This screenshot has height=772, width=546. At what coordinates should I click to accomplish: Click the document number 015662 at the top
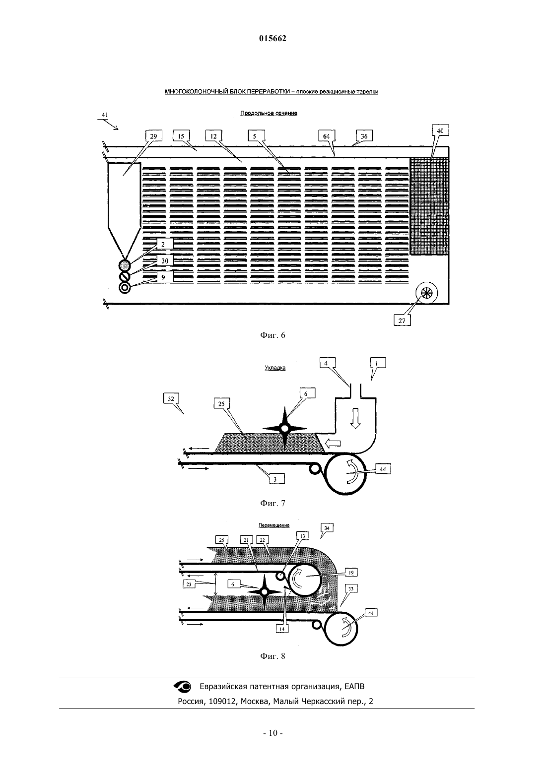pyautogui.click(x=273, y=39)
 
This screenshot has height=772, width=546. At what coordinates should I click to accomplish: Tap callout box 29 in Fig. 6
pyautogui.click(x=153, y=136)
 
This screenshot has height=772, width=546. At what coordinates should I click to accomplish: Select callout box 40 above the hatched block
pyautogui.click(x=440, y=131)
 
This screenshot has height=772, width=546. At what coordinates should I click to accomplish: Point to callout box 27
pyautogui.click(x=402, y=321)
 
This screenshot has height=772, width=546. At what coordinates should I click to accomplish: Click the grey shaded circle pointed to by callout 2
pyautogui.click(x=125, y=265)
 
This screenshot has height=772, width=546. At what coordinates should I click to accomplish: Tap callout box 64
pyautogui.click(x=327, y=136)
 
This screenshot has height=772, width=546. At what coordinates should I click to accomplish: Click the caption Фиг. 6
pyautogui.click(x=273, y=335)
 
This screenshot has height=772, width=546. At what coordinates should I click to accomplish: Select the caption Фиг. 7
pyautogui.click(x=273, y=503)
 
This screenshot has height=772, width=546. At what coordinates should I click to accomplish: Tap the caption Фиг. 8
pyautogui.click(x=273, y=656)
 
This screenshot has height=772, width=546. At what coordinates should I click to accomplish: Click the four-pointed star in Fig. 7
pyautogui.click(x=285, y=429)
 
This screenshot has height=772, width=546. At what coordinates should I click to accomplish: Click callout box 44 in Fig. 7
pyautogui.click(x=383, y=469)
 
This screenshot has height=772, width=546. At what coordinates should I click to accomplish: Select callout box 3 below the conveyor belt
pyautogui.click(x=275, y=479)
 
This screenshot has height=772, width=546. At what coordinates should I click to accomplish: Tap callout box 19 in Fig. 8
pyautogui.click(x=351, y=573)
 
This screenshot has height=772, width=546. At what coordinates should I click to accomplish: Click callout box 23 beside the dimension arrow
pyautogui.click(x=189, y=584)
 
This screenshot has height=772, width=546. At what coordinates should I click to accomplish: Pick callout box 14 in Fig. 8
pyautogui.click(x=282, y=629)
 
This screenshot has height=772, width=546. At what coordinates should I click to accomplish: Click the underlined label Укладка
pyautogui.click(x=275, y=368)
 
